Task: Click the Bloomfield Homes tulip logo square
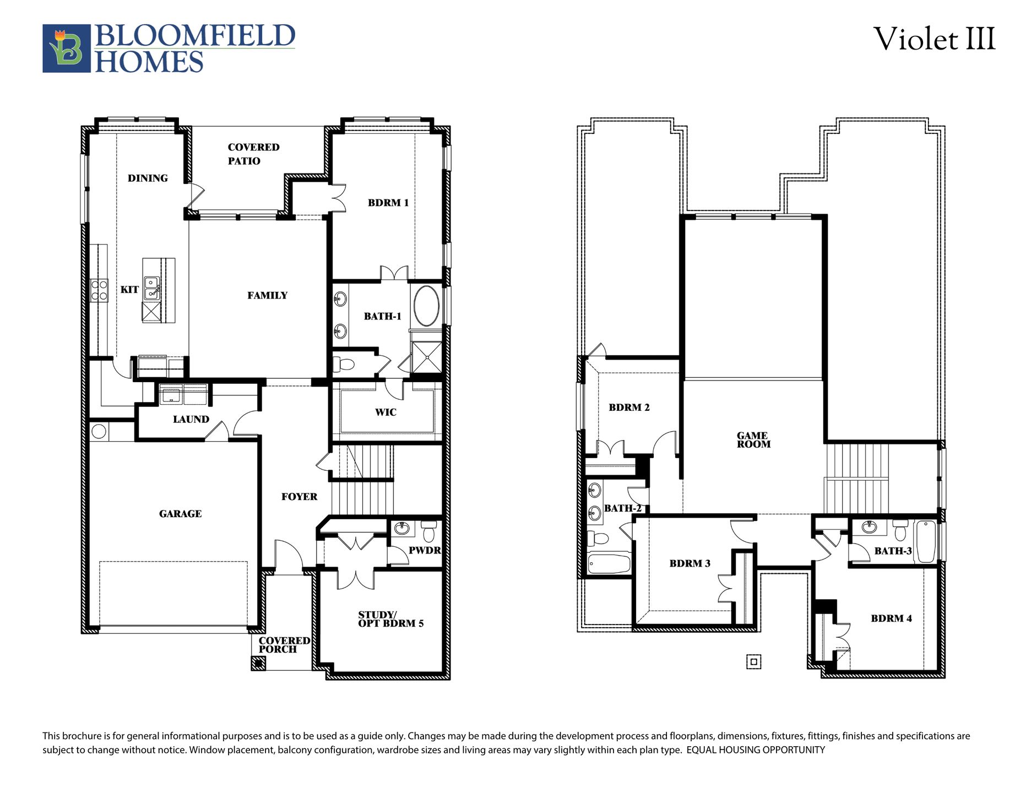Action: click(66, 48)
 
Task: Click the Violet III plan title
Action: click(934, 40)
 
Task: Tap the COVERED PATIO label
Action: click(253, 154)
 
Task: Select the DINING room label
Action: click(148, 178)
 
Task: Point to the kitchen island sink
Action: click(151, 289)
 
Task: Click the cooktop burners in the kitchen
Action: click(99, 290)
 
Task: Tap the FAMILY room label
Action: click(267, 296)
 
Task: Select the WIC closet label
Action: click(386, 412)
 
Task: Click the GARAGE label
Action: click(180, 514)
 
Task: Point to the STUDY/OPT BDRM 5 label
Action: click(390, 620)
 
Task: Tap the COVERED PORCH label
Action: click(284, 645)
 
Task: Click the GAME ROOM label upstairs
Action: click(753, 440)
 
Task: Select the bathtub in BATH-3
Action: click(925, 541)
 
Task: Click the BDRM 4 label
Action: click(891, 618)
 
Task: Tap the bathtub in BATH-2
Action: click(609, 564)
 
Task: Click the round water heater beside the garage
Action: click(99, 431)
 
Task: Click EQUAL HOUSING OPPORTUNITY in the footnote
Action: click(755, 750)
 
